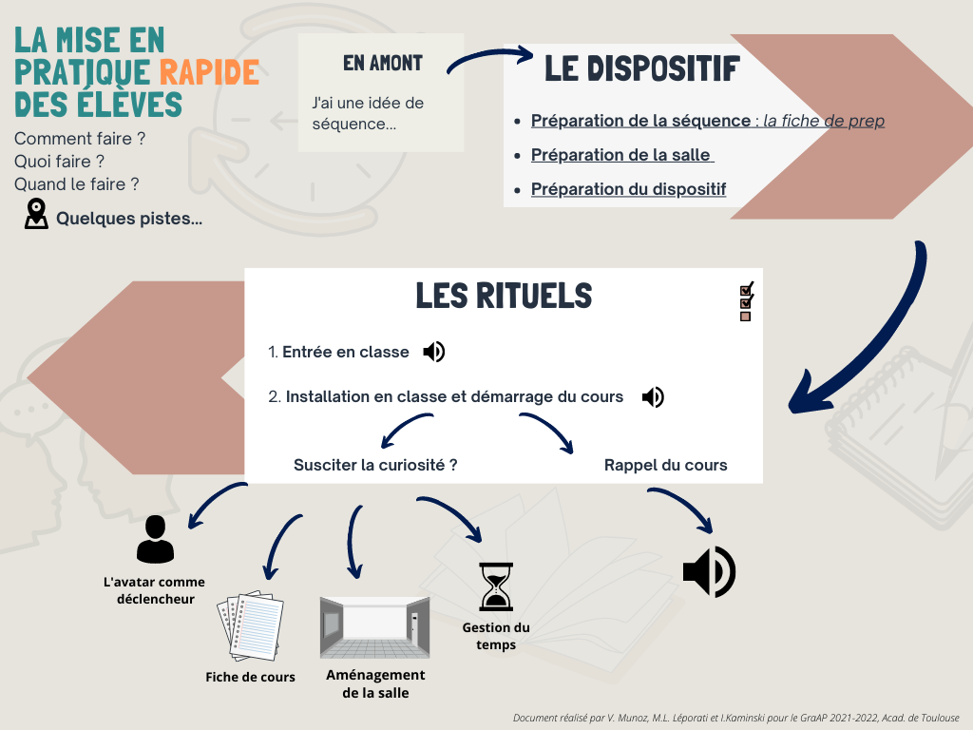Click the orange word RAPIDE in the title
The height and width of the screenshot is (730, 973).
pyautogui.click(x=209, y=72)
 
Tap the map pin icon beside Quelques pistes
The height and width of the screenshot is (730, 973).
pyautogui.click(x=36, y=214)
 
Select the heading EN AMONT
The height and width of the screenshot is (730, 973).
pyautogui.click(x=383, y=64)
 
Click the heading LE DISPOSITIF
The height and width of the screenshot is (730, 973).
pyautogui.click(x=642, y=68)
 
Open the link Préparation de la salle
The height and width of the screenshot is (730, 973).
pyautogui.click(x=621, y=155)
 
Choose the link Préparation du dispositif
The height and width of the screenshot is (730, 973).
pyautogui.click(x=628, y=189)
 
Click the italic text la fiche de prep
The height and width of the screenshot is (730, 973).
pyautogui.click(x=824, y=121)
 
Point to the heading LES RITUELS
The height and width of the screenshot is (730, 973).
pyautogui.click(x=504, y=296)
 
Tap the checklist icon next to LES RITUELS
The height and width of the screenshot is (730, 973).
pyautogui.click(x=746, y=302)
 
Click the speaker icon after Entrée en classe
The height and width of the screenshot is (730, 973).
pyautogui.click(x=434, y=352)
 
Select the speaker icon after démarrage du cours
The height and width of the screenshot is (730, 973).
pyautogui.click(x=653, y=396)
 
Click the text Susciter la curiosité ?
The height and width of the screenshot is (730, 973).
pyautogui.click(x=376, y=465)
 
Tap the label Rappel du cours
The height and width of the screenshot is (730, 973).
pyautogui.click(x=665, y=465)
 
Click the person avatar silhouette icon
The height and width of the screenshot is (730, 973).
pyautogui.click(x=155, y=540)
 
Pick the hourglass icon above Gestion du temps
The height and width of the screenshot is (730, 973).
pyautogui.click(x=495, y=586)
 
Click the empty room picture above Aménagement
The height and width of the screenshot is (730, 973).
pyautogui.click(x=374, y=627)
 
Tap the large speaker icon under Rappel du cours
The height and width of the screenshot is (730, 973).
pyautogui.click(x=709, y=571)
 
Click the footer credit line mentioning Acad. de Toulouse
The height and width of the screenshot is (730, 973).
pyautogui.click(x=735, y=718)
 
